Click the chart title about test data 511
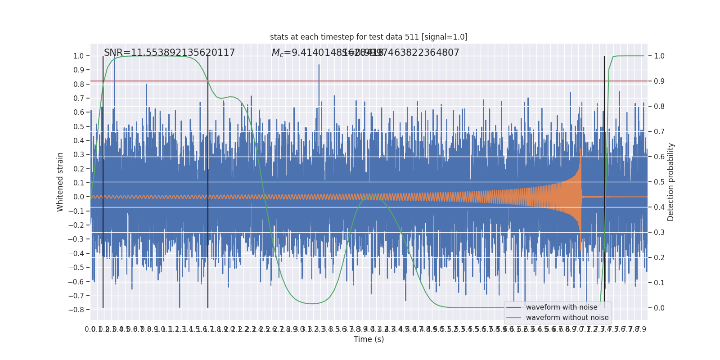(369, 37)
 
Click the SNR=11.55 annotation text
(169, 53)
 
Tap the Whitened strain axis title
(60, 182)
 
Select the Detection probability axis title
(670, 182)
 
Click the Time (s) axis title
(369, 339)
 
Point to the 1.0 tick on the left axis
(78, 56)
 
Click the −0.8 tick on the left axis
(76, 310)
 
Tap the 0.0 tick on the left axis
(78, 197)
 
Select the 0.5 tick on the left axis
(78, 126)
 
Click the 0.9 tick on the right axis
(659, 81)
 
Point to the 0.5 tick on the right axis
(659, 182)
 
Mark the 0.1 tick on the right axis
(659, 283)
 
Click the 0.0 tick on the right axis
(659, 308)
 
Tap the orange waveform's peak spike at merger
(580, 149)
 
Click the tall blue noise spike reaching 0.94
(319, 65)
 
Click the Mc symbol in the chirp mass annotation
(277, 53)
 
